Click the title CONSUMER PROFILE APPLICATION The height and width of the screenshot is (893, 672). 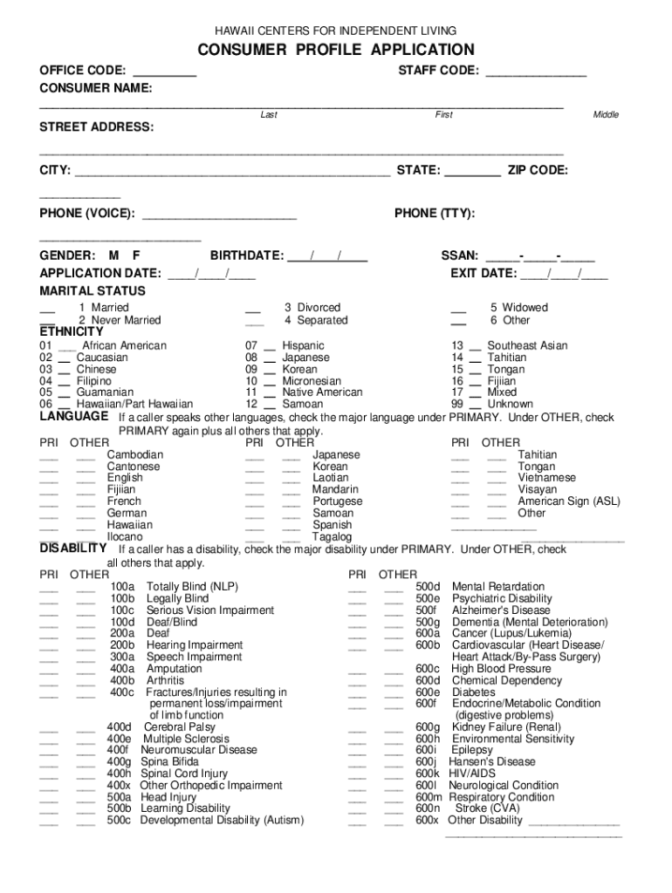point(336,50)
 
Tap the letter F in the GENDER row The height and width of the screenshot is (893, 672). point(136,256)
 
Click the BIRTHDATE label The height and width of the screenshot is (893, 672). point(247,256)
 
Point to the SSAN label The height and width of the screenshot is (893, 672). point(460,256)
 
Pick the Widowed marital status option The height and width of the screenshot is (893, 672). point(518,308)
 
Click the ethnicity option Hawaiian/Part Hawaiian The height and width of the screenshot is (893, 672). point(134,405)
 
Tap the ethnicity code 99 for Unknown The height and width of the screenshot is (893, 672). point(457,405)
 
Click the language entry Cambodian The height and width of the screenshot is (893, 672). point(134,455)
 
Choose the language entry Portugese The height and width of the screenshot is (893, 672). point(337,501)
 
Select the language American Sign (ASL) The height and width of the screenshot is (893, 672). point(569,501)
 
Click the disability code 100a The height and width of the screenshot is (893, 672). point(122,587)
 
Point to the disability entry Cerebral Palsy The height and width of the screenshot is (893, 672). point(179,726)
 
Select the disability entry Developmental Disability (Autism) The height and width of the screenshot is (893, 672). point(222,820)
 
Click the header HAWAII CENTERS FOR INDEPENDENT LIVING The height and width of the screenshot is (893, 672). point(336,31)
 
